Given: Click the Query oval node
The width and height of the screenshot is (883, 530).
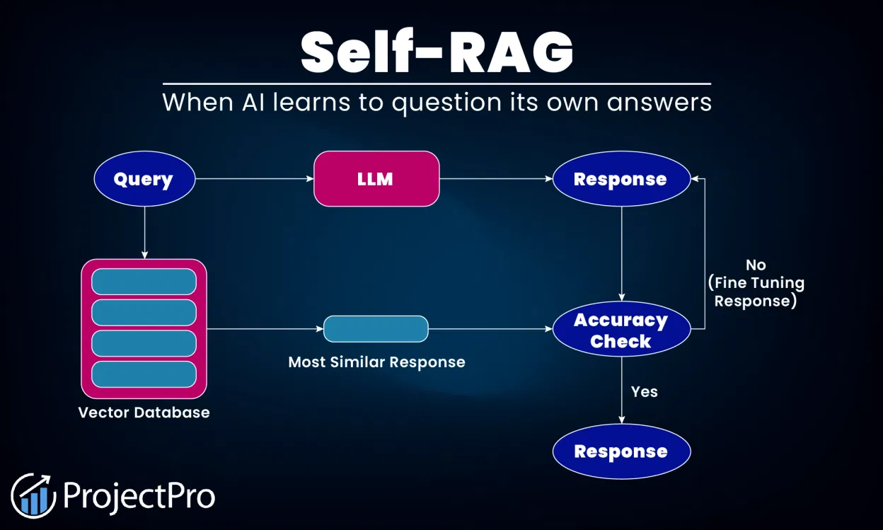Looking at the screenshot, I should click(144, 179).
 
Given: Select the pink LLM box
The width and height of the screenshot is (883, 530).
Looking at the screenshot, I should click(376, 179).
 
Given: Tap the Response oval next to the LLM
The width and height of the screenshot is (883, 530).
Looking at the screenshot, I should click(621, 179).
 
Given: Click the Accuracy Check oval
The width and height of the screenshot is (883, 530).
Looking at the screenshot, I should click(621, 330).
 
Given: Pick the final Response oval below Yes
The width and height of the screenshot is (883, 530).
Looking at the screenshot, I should click(621, 451).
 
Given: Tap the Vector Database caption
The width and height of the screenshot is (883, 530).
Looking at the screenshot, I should click(144, 412).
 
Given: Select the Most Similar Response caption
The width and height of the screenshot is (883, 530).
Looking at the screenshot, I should click(376, 362).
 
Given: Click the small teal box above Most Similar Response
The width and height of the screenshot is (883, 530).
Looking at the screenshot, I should click(376, 329).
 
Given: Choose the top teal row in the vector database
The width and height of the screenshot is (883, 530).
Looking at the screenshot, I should click(144, 282).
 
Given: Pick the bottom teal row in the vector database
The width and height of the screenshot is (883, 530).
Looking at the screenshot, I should click(144, 374).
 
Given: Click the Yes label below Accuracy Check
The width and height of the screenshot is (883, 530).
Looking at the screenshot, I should click(644, 391).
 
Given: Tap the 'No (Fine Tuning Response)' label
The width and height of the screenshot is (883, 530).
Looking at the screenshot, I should click(756, 282).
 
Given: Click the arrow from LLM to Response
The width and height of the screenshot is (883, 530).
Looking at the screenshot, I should click(495, 179).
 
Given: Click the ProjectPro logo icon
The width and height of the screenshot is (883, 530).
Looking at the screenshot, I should click(33, 495).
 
